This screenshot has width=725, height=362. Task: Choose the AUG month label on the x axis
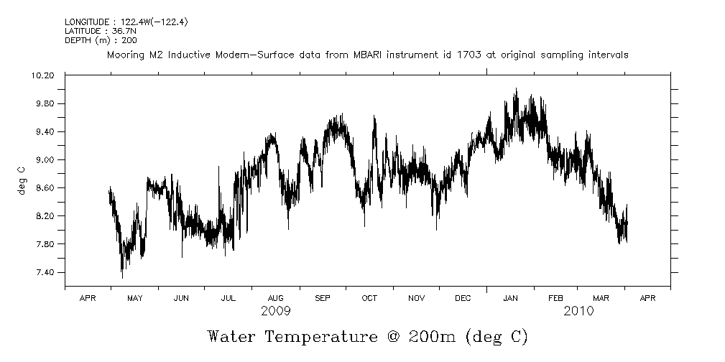[x=275, y=297]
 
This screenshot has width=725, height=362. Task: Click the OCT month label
[x=369, y=297]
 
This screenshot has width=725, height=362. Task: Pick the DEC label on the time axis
[x=463, y=297]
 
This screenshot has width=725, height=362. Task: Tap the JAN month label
[x=511, y=297]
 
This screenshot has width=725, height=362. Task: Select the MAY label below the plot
[x=134, y=297]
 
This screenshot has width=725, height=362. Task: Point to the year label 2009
[x=276, y=311]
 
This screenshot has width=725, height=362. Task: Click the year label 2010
[x=578, y=311]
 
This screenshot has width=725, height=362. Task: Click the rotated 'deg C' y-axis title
[x=22, y=180]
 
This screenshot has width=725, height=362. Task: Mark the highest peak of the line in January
[x=516, y=89]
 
